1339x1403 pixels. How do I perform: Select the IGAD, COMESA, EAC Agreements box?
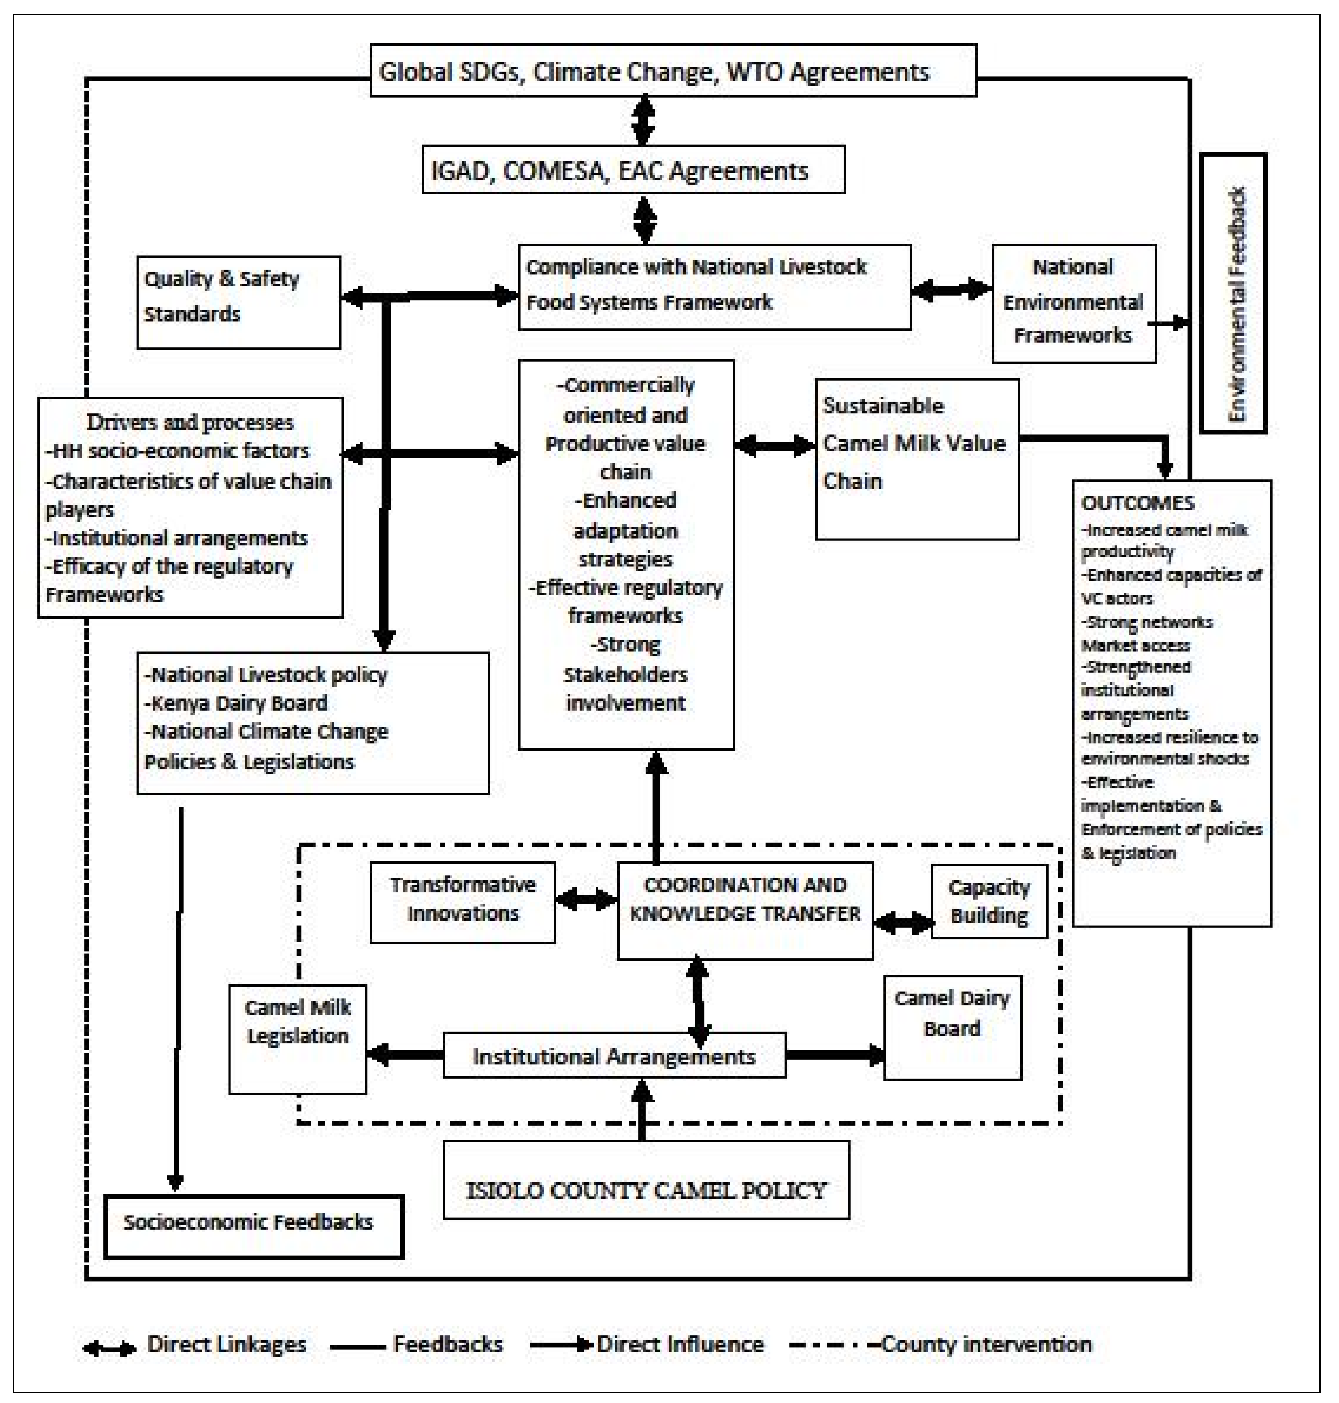click(633, 170)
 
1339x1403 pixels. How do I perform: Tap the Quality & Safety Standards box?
click(238, 302)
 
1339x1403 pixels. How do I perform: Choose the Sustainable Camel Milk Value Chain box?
click(916, 458)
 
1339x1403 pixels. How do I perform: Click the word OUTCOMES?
click(1138, 503)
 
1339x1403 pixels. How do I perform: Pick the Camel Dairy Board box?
click(952, 1027)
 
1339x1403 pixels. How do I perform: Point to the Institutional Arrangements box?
click(614, 1055)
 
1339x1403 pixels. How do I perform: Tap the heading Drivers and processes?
click(190, 422)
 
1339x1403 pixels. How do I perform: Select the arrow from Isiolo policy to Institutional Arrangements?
click(643, 1109)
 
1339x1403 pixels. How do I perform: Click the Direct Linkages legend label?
click(226, 1345)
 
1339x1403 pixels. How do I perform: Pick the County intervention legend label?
click(986, 1345)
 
